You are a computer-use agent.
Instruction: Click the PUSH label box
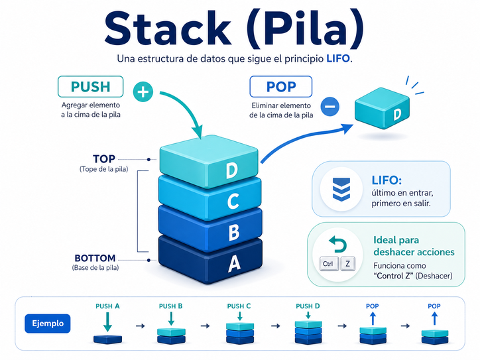[91, 87]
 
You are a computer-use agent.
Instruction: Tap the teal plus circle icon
[143, 91]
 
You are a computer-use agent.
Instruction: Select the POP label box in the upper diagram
[281, 87]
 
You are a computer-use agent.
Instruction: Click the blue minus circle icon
[330, 105]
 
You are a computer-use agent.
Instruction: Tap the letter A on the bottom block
[233, 264]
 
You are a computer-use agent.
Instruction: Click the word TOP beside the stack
[104, 159]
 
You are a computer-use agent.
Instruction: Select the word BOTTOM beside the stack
[95, 258]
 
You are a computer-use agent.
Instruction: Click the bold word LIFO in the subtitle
[337, 58]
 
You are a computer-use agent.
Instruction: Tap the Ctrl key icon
[328, 264]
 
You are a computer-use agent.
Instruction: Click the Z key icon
[347, 264]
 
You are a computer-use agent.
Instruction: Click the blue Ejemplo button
[48, 324]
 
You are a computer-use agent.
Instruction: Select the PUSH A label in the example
[107, 306]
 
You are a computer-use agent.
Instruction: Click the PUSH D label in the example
[308, 306]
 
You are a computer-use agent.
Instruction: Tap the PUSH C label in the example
[239, 306]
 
